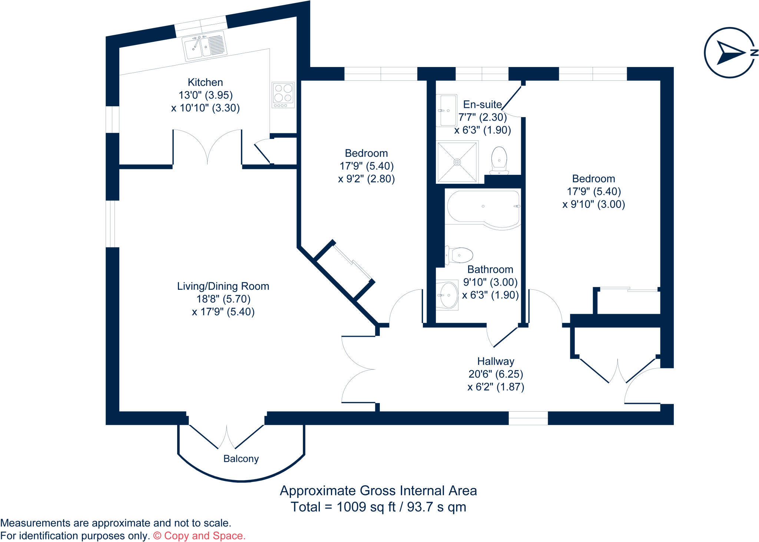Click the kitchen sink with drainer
coord(205,46)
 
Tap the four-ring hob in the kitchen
coord(283,94)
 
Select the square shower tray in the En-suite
coord(457,162)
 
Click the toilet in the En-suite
coord(499,160)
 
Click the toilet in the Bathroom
coord(460,255)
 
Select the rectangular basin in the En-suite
coord(446,110)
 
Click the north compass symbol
coord(729,53)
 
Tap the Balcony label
coord(241,459)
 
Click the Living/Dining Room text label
coord(223,286)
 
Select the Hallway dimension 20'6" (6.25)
coord(495,374)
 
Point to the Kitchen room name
coord(205,82)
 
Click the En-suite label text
coord(483,104)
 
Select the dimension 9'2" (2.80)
coord(367,179)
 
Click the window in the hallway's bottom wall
coord(528,418)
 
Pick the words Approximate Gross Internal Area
coord(378,491)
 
